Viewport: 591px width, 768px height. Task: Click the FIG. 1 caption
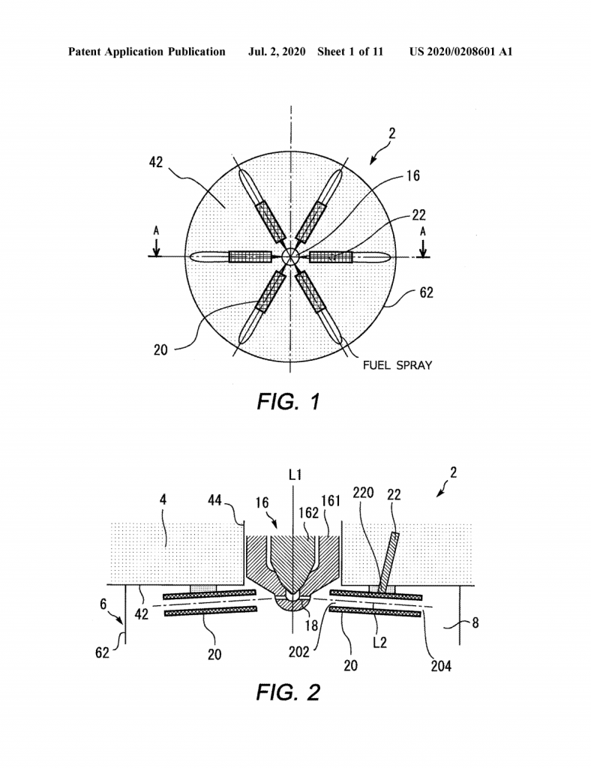tap(289, 402)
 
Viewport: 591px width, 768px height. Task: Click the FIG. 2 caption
tap(289, 692)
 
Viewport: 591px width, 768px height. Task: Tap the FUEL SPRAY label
tap(397, 365)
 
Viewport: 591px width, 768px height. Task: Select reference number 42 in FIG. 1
tap(156, 162)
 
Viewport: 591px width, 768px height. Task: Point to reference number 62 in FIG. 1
tap(427, 292)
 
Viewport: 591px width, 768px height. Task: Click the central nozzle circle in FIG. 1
tap(289, 256)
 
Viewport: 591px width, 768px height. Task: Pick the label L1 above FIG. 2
tap(295, 475)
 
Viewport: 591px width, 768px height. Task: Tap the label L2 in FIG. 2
tap(380, 642)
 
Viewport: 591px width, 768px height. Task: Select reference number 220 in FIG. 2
tap(363, 493)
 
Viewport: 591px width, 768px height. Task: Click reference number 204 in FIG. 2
tap(441, 666)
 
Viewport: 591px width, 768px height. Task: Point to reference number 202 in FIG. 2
tap(298, 652)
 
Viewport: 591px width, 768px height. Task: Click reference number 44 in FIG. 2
tap(214, 500)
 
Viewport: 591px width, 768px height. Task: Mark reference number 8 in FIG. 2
tap(475, 623)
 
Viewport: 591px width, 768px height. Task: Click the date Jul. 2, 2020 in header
tap(277, 52)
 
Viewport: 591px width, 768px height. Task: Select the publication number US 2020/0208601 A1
tap(460, 52)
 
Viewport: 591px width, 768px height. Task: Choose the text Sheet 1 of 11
tap(350, 52)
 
